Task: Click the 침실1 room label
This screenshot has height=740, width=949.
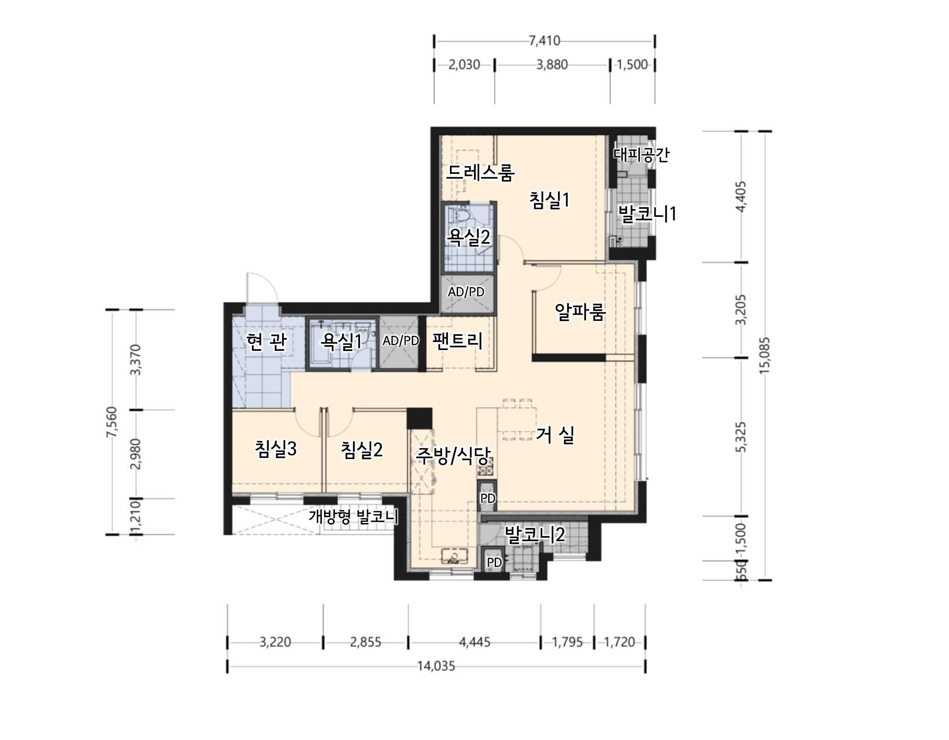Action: pyautogui.click(x=549, y=200)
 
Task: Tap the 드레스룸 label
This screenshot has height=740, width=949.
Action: pyautogui.click(x=481, y=172)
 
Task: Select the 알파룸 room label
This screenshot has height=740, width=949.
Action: pyautogui.click(x=580, y=311)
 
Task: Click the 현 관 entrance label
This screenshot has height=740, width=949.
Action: pyautogui.click(x=266, y=342)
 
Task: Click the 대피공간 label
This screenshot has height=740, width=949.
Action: pyautogui.click(x=641, y=154)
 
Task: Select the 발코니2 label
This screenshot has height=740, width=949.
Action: pyautogui.click(x=534, y=535)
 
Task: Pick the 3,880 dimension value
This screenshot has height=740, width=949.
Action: pyautogui.click(x=552, y=65)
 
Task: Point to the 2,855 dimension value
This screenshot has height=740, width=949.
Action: pyautogui.click(x=365, y=642)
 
